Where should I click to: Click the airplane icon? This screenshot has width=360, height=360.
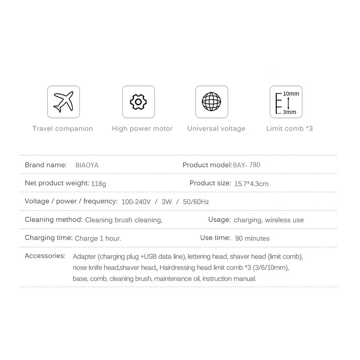[64, 102]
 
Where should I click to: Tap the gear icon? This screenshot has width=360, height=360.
[138, 102]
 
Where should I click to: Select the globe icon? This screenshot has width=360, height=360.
[211, 102]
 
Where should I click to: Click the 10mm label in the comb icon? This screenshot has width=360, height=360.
[291, 94]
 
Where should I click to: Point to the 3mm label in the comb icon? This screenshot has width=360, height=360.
[289, 112]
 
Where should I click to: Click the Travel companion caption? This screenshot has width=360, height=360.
[62, 129]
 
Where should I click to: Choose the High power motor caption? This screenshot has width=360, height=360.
[142, 129]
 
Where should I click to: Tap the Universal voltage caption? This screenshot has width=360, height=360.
[216, 129]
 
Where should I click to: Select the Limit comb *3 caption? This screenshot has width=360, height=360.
[289, 129]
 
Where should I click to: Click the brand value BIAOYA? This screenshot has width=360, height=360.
[87, 165]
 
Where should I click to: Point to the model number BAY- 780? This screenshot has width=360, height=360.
[247, 165]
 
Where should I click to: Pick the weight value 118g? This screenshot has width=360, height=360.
[99, 183]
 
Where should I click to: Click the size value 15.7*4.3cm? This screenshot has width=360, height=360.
[251, 183]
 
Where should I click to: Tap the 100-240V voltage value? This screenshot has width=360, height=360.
[136, 202]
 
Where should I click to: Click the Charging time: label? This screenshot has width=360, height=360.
[48, 238]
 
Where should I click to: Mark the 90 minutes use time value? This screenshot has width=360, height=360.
[252, 238]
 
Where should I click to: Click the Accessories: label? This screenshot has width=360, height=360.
[45, 256]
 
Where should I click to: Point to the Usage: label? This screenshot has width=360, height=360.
[219, 220]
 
